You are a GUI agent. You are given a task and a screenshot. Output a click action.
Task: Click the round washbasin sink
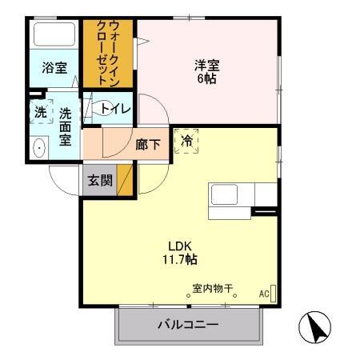[x=38, y=148]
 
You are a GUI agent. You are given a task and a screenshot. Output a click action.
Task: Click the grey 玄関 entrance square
[x=100, y=181]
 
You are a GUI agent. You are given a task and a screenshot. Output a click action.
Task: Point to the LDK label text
[x=181, y=246]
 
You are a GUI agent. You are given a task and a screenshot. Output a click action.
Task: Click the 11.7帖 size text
[x=181, y=259]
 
